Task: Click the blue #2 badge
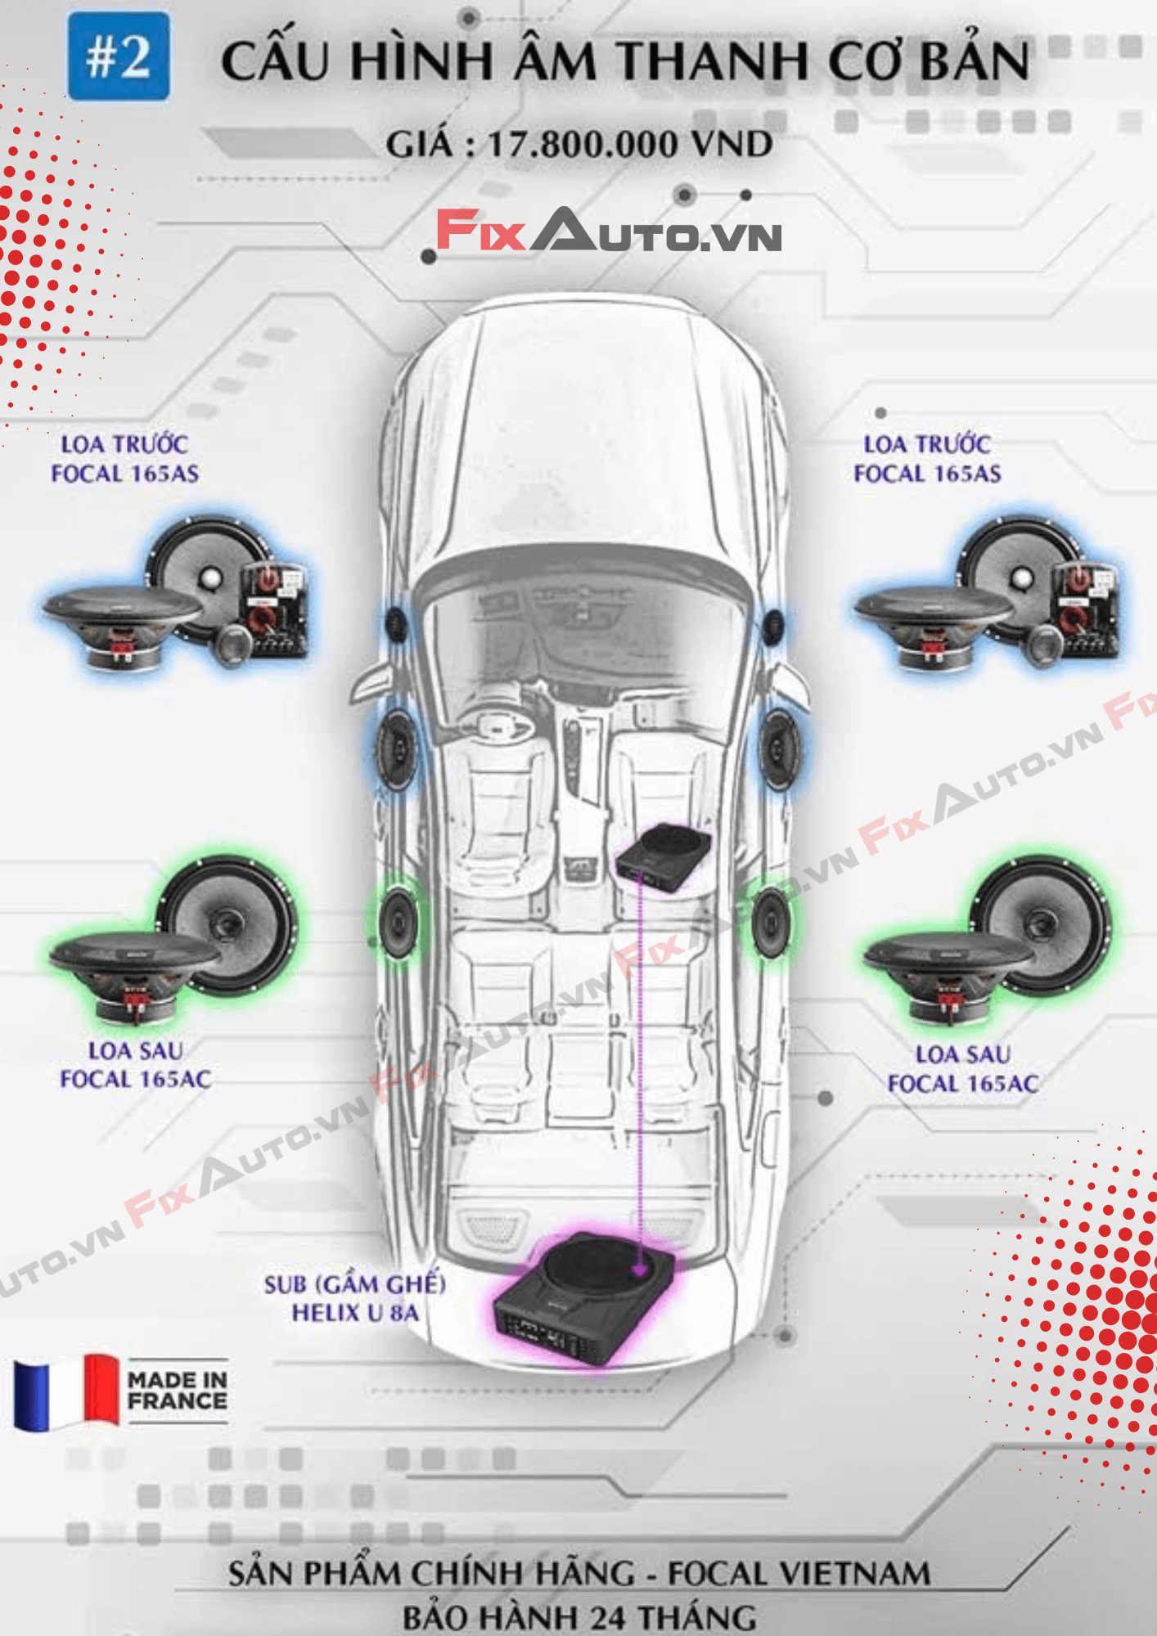coord(119,56)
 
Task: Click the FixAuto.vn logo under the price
coord(608,231)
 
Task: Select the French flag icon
coord(66,1392)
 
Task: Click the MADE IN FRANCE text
coord(177,1391)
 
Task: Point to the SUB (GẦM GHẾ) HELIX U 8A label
coord(354,1298)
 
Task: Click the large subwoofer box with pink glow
coord(584,1297)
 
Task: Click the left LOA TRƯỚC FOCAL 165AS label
coord(124,459)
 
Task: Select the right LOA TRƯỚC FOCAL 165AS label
coord(927,459)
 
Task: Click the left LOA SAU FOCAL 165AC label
coord(136,1065)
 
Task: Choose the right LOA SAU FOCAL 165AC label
coord(963,1069)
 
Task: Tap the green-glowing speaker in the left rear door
coord(398,921)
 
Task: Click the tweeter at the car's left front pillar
coord(396,624)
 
